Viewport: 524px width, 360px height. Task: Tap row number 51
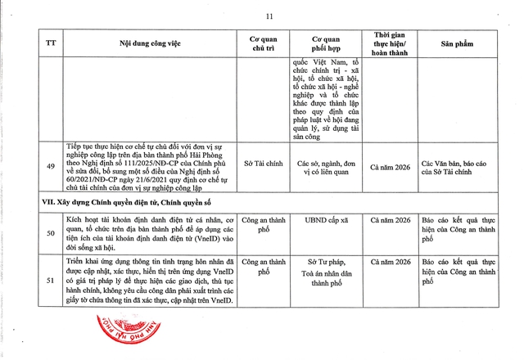click(51, 281)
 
